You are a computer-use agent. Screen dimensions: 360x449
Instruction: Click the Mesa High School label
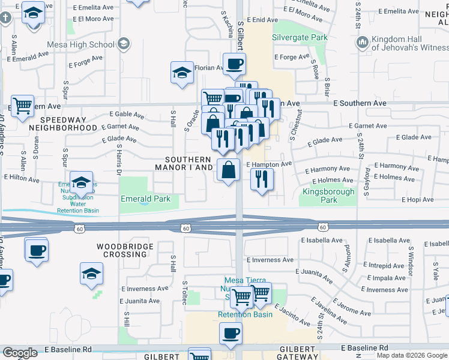(88, 44)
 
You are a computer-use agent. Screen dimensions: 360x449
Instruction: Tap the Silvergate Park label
(300, 37)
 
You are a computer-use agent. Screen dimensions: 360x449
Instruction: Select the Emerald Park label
(145, 199)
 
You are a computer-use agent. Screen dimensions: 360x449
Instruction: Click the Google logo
(20, 353)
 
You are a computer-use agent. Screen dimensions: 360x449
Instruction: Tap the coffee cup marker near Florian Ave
(234, 63)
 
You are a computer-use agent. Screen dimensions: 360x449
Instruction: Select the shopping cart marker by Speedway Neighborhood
(22, 106)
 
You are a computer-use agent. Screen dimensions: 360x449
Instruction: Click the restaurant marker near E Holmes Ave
(262, 179)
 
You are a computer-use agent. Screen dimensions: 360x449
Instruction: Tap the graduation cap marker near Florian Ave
(181, 73)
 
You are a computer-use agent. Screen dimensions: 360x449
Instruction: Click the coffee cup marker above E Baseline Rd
(231, 333)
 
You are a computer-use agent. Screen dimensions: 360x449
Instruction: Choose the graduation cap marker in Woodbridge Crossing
(91, 273)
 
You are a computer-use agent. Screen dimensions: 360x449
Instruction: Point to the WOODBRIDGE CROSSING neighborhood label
(122, 250)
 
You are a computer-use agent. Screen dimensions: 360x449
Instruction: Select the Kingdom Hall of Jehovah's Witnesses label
(409, 43)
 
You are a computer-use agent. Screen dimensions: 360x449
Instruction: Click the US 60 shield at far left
(79, 228)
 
